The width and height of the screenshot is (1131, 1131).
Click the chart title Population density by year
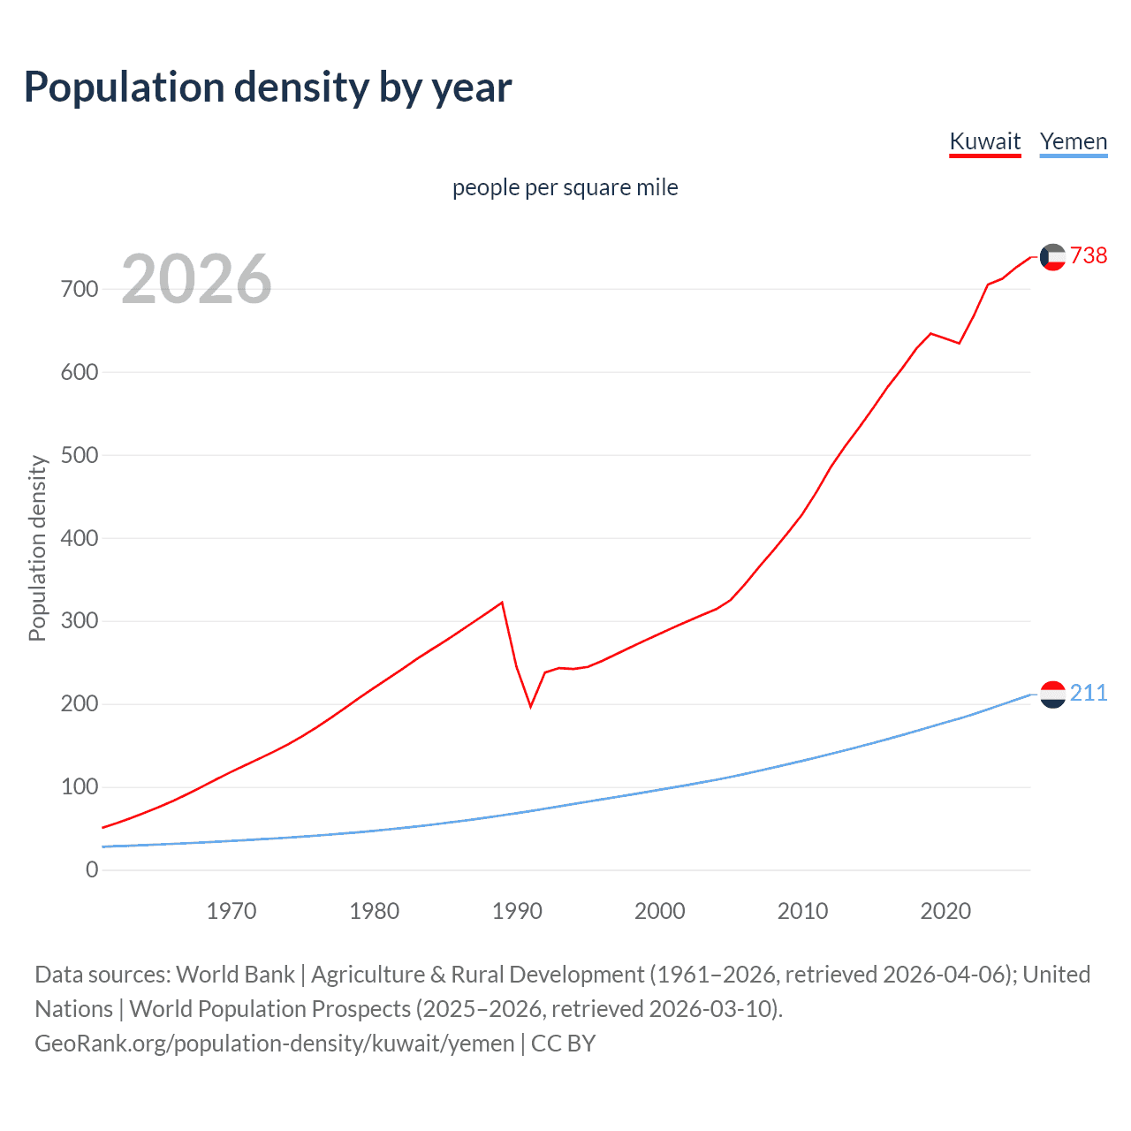[268, 87]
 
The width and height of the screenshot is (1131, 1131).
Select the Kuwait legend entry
[984, 141]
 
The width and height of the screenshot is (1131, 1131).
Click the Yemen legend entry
[1073, 141]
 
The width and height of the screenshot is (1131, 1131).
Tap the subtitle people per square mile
[565, 187]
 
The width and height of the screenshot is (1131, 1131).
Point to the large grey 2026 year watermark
[196, 279]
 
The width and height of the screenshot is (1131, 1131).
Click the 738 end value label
[1088, 255]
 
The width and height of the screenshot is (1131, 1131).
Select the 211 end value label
[1088, 693]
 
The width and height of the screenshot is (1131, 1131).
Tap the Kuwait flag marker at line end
[1052, 256]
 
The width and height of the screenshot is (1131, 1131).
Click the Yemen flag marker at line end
[1052, 695]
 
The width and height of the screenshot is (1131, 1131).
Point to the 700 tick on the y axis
[80, 289]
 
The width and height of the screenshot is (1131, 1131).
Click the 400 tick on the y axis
[80, 538]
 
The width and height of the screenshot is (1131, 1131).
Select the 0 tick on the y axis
[92, 869]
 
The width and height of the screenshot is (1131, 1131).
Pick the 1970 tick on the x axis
[232, 911]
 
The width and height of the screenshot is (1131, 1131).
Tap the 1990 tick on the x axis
[517, 911]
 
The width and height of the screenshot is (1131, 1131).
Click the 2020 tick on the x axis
[945, 911]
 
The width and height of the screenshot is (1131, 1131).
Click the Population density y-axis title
[37, 548]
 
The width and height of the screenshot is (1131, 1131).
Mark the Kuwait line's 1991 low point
[531, 706]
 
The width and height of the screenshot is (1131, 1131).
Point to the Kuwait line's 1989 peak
[502, 603]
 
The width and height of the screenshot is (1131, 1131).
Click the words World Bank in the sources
[235, 975]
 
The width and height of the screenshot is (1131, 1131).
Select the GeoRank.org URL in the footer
[274, 1044]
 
